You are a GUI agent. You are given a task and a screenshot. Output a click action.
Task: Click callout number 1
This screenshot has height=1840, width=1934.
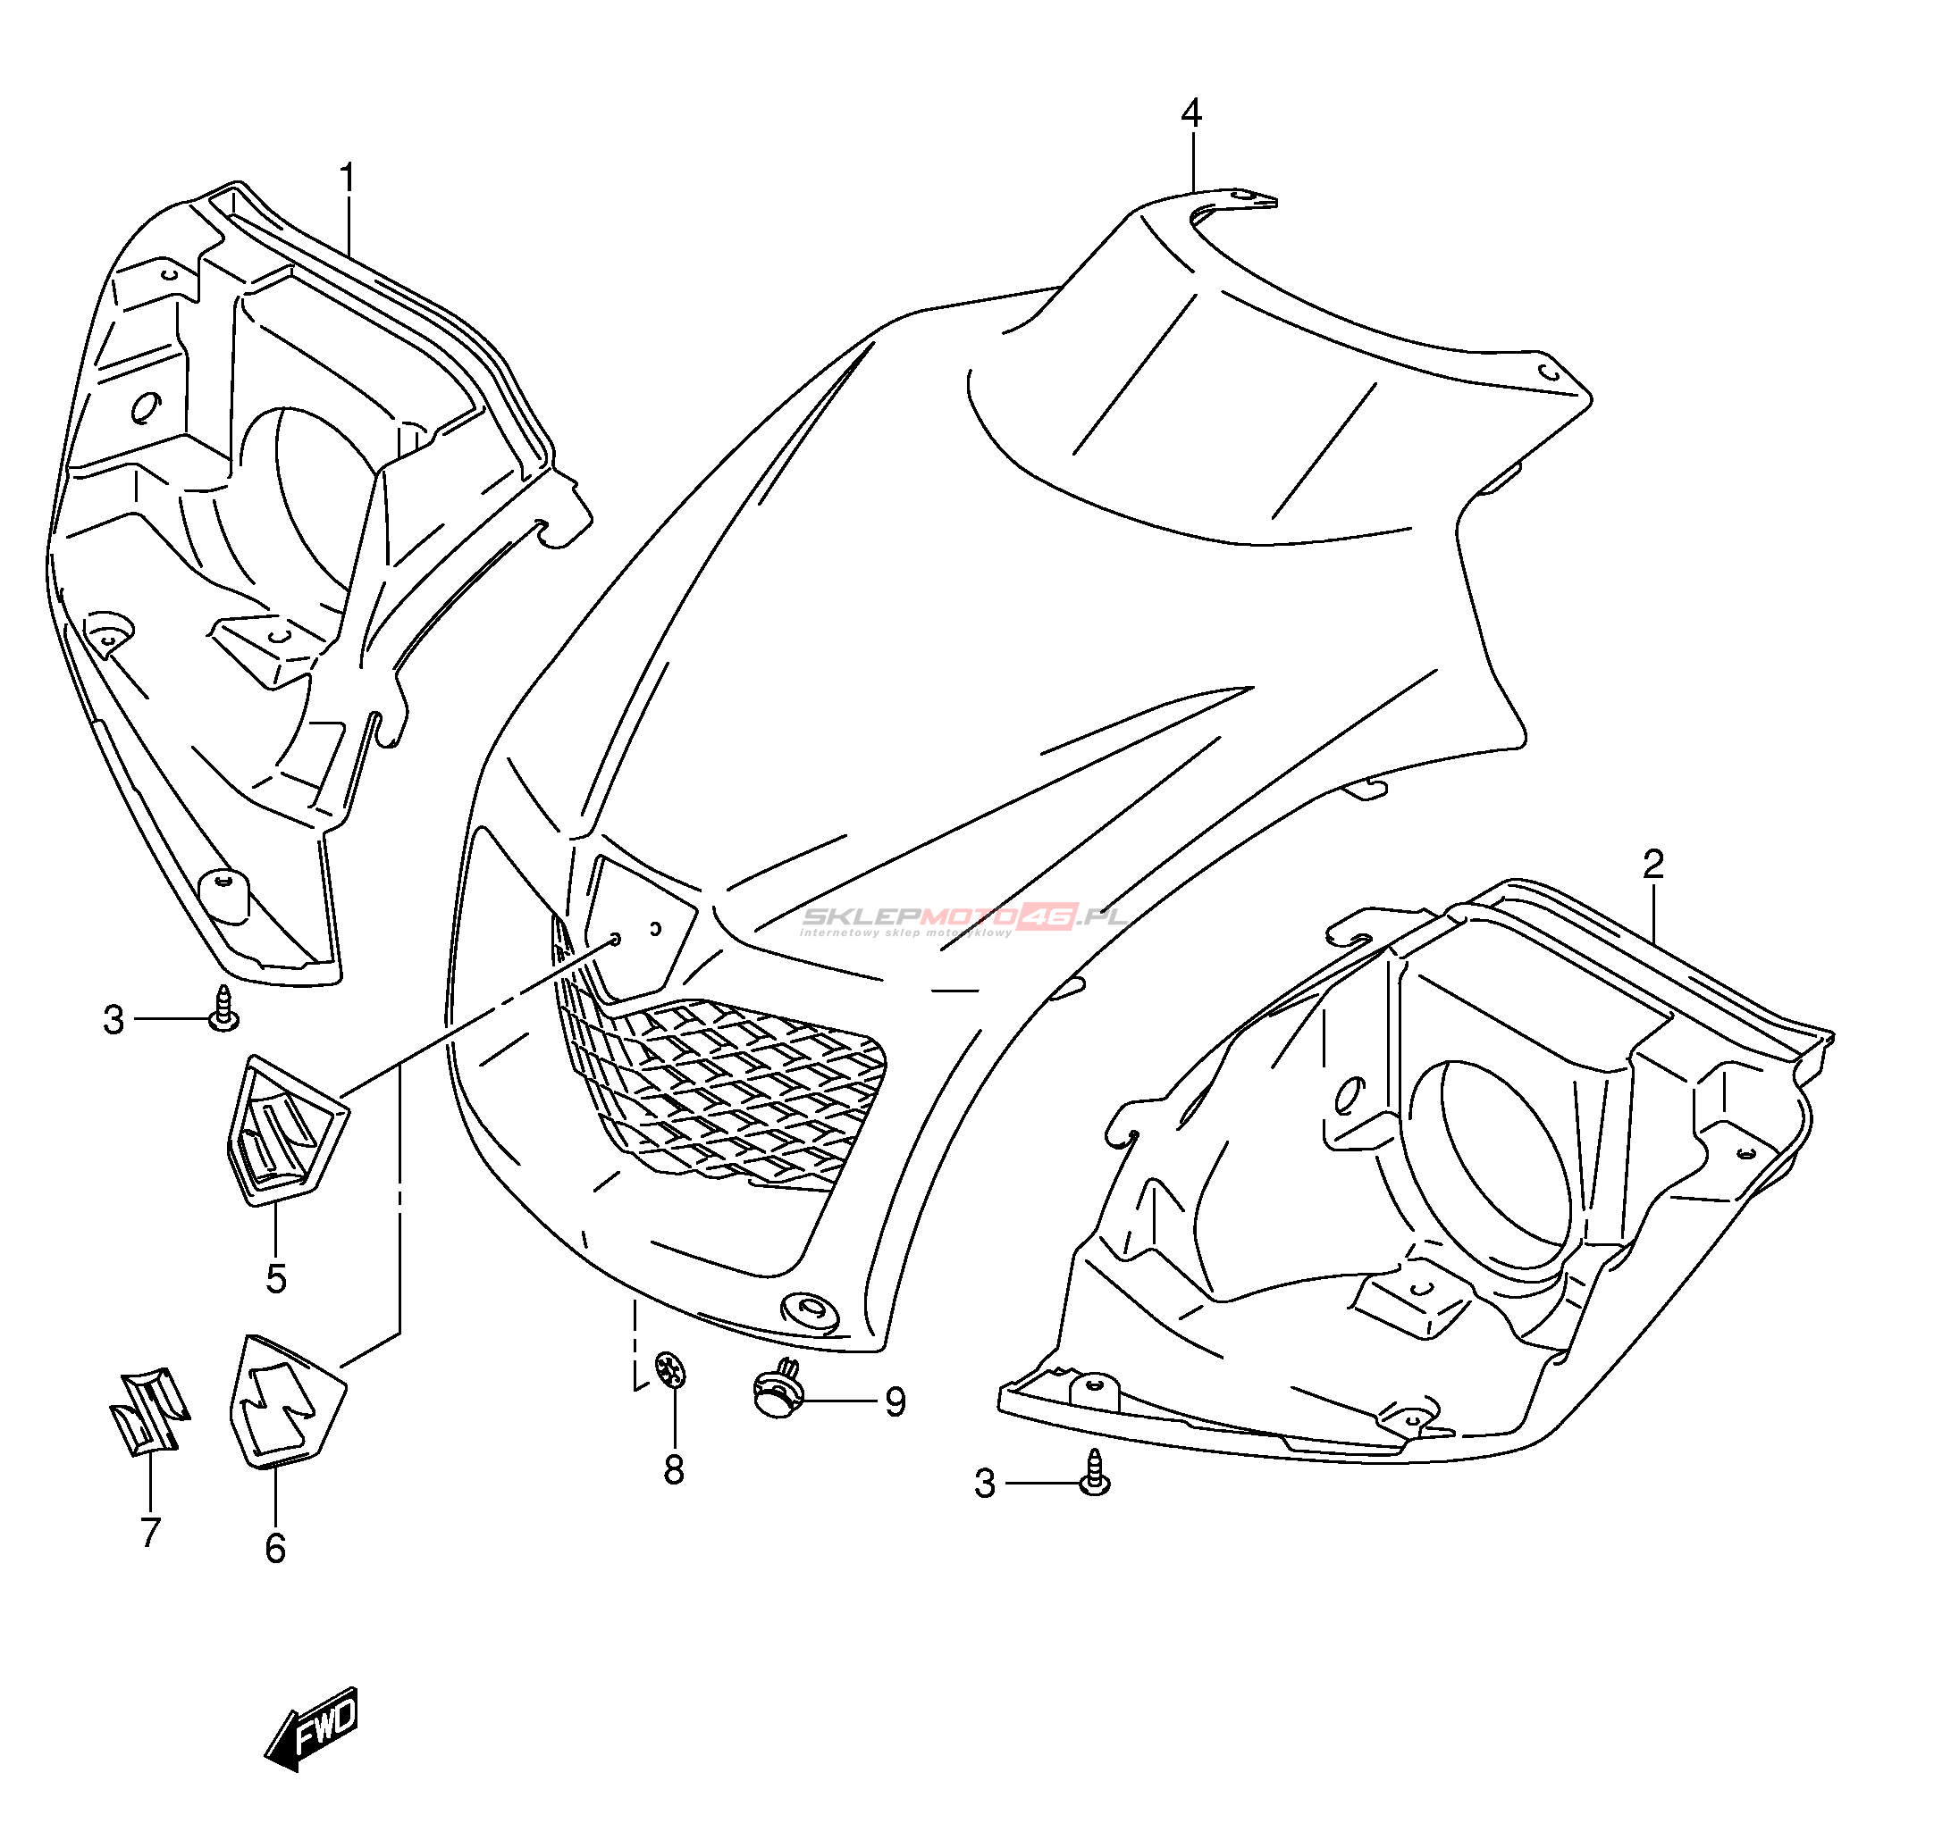[348, 179]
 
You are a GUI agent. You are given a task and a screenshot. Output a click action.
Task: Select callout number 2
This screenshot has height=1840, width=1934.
[1653, 864]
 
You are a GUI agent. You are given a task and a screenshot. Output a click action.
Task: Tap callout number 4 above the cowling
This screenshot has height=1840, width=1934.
[1191, 113]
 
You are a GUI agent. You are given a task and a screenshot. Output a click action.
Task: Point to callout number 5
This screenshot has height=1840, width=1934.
[276, 1278]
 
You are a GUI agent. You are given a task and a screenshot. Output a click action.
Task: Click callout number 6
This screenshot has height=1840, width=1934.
[276, 1548]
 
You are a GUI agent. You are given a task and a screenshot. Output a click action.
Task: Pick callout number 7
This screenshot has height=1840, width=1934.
[150, 1531]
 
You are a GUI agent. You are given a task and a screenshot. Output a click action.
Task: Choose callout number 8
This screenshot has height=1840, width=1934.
[673, 1469]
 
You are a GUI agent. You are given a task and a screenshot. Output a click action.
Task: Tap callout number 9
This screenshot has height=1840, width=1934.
[895, 1401]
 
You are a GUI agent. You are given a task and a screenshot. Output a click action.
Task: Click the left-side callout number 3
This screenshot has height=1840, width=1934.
[114, 1020]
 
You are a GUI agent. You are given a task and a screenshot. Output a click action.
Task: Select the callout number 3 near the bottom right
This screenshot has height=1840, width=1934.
[985, 1484]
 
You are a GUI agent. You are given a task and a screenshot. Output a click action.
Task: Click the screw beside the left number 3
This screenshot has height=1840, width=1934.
[224, 1010]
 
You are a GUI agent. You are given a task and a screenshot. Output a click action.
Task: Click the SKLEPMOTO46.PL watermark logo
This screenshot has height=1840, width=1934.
[962, 918]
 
